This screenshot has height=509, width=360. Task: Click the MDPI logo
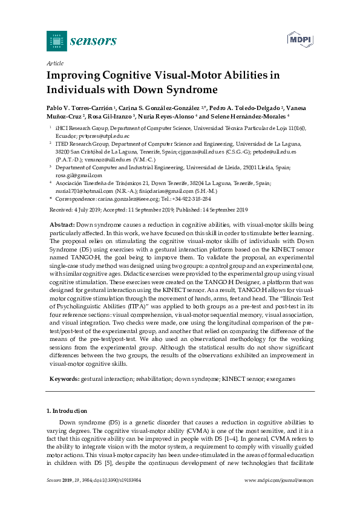[x=300, y=40]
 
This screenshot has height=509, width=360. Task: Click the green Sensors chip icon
[x=56, y=41]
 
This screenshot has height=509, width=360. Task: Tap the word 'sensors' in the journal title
[x=94, y=41]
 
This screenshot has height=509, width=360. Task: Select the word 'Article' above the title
[x=55, y=63]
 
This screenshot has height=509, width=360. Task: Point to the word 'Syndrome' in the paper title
[x=188, y=90]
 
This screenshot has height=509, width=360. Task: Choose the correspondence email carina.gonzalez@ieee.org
[x=125, y=198]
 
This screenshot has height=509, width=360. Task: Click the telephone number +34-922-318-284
[x=190, y=198]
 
